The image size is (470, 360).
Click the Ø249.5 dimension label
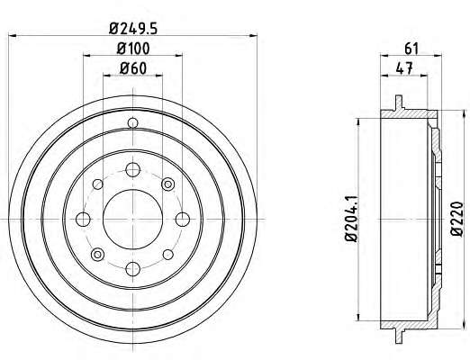tap(133, 29)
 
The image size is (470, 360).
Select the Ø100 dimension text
tap(133, 49)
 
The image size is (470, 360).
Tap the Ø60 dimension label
tap(133, 68)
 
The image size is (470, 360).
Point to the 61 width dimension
tap(411, 49)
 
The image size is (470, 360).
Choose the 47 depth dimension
tap(404, 68)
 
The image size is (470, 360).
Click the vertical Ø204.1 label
tap(351, 218)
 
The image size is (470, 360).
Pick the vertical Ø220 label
tap(457, 219)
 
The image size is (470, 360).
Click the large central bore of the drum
tap(132, 220)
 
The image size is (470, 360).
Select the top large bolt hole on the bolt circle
tap(132, 170)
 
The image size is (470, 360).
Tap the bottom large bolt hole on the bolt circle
tap(132, 269)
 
